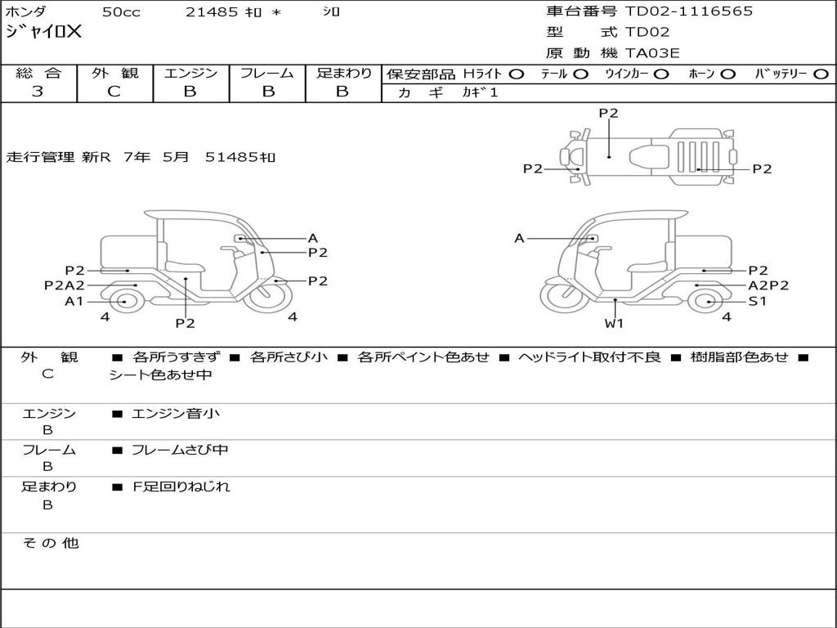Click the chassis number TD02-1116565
click(689, 11)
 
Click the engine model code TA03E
click(652, 54)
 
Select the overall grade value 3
click(38, 92)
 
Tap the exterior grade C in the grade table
click(114, 92)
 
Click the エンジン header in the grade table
click(191, 73)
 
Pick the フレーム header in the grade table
click(266, 73)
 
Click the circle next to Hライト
click(516, 74)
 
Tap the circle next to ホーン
click(728, 74)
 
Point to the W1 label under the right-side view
click(614, 323)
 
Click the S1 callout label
click(758, 301)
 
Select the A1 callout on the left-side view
click(74, 301)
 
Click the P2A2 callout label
click(65, 285)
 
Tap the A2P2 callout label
click(768, 285)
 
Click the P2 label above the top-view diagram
click(608, 114)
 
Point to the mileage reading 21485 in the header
click(212, 11)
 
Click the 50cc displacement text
click(120, 11)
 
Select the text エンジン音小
click(176, 414)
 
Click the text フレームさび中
click(180, 450)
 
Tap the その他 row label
click(51, 543)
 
